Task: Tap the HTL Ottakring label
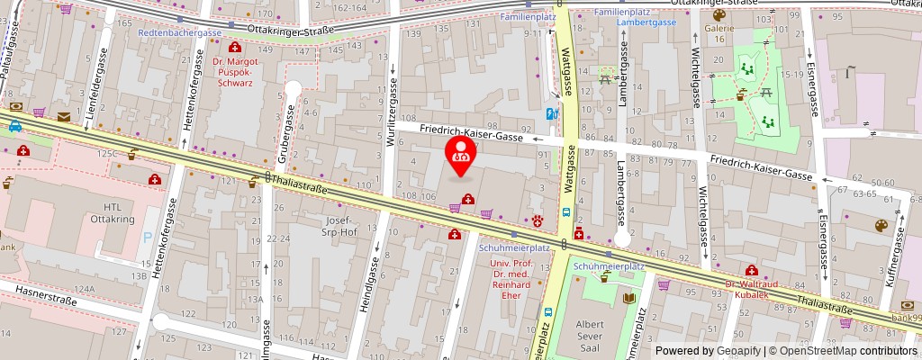pos(104,212)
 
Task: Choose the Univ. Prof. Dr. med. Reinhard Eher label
pos(511,280)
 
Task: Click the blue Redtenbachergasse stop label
pos(179,32)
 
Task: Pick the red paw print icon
pos(538,219)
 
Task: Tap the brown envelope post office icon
pos(64,116)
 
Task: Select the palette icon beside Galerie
pos(719,15)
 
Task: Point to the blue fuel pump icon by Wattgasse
pos(550,113)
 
